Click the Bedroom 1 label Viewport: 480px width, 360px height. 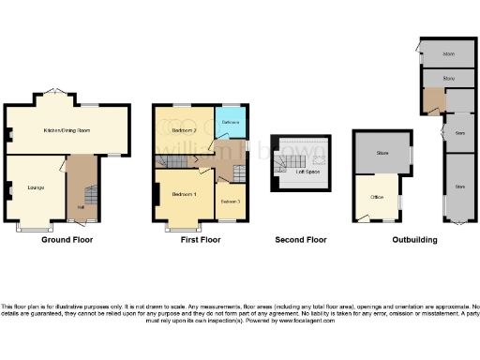[183, 194]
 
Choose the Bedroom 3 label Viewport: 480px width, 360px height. [231, 202]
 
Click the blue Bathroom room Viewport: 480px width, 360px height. [231, 123]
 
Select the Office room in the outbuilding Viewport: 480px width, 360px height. [377, 197]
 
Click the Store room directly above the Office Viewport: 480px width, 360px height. [382, 152]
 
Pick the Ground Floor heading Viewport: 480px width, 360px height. [67, 240]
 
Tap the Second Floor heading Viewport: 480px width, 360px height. [301, 240]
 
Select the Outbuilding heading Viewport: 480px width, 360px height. [413, 240]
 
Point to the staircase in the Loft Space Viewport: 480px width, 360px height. [283, 165]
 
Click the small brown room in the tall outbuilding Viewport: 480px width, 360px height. [432, 99]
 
